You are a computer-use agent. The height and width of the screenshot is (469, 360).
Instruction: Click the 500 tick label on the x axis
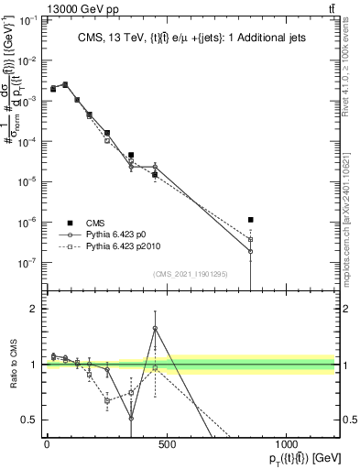pos(166,444)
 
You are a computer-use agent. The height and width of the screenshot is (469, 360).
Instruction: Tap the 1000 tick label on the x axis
pos(286,444)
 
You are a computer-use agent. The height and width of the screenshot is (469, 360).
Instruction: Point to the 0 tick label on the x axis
pos(47,444)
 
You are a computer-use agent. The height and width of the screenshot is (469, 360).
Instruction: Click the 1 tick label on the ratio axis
pos(36,365)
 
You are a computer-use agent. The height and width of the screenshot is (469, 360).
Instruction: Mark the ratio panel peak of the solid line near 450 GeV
pos(155,328)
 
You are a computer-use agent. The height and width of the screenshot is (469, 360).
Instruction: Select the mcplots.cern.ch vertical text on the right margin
pos(344,220)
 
